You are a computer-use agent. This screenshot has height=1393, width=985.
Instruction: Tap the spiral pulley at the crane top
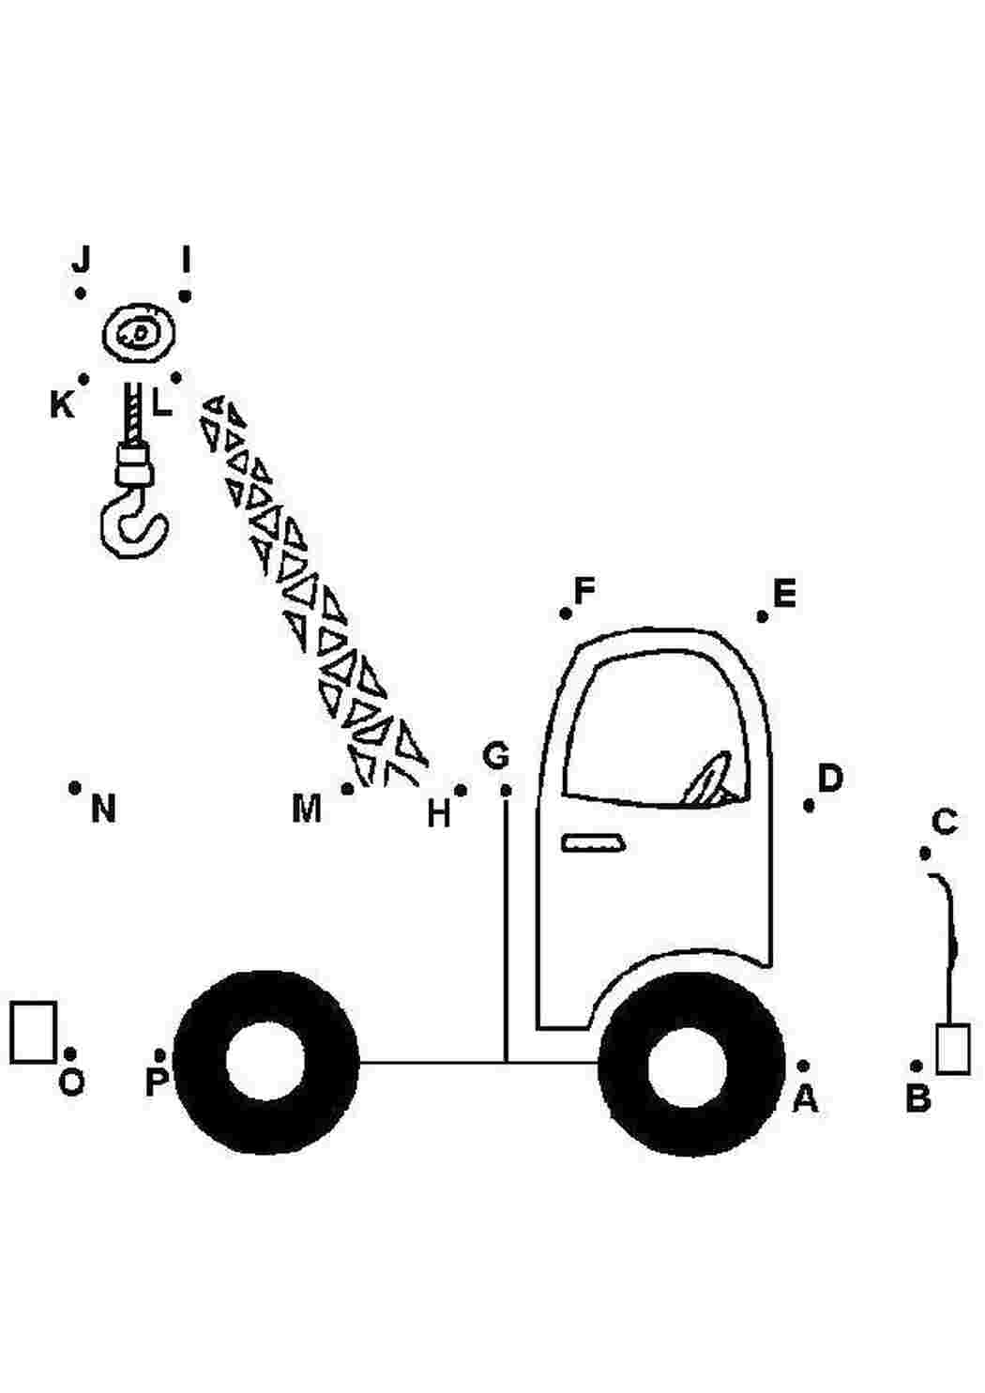139,335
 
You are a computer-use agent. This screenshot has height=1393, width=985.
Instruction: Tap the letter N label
103,809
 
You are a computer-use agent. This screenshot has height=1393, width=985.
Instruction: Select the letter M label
307,809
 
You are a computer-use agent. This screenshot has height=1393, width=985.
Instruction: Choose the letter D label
830,778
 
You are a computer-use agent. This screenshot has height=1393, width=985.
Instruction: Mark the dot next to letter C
925,854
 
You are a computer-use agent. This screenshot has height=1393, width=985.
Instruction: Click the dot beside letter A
803,1066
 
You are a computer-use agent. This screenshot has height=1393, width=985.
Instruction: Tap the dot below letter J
81,294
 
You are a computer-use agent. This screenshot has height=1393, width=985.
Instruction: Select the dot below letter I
185,296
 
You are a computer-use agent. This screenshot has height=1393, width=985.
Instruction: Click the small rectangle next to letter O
34,1032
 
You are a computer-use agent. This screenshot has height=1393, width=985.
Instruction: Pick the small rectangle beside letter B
953,1048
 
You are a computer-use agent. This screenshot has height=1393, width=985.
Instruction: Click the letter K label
62,405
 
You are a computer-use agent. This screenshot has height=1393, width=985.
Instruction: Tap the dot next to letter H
461,791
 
